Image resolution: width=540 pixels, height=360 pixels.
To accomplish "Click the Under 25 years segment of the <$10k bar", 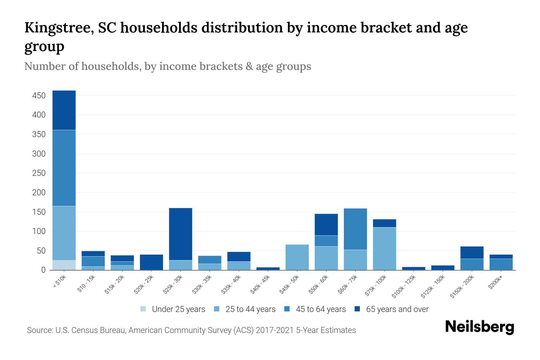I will (64, 265).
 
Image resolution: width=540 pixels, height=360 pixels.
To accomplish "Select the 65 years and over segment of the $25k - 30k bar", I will (181, 234).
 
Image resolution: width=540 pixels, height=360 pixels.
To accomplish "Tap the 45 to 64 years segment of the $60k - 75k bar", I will (355, 229).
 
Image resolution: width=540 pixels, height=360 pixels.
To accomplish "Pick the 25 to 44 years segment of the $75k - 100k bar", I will (384, 249).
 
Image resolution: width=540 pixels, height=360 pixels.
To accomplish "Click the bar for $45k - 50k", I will (297, 257).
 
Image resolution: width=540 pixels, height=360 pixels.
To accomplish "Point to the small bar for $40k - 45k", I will (268, 268).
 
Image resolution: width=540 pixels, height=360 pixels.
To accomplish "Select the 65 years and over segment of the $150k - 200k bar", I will (472, 252).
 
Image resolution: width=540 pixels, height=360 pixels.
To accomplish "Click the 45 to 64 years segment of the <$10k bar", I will (64, 168).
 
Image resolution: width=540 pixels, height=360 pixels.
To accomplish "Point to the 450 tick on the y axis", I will (39, 96).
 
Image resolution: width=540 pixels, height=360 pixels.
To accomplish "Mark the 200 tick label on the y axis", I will (39, 193).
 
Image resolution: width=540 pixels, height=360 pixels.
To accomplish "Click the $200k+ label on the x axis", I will (495, 283).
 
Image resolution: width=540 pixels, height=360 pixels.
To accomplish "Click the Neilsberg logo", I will (479, 327).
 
